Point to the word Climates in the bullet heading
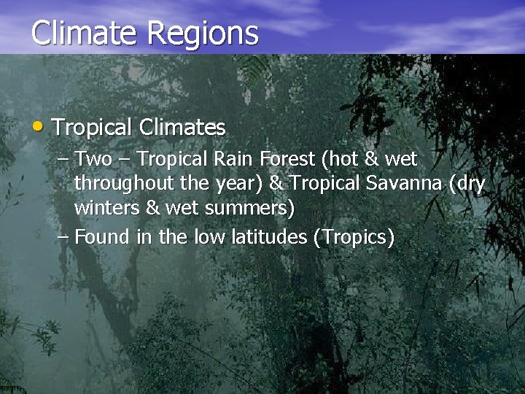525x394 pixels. pos(182,128)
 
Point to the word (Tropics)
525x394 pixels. pos(354,237)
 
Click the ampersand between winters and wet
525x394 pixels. pos(153,209)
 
